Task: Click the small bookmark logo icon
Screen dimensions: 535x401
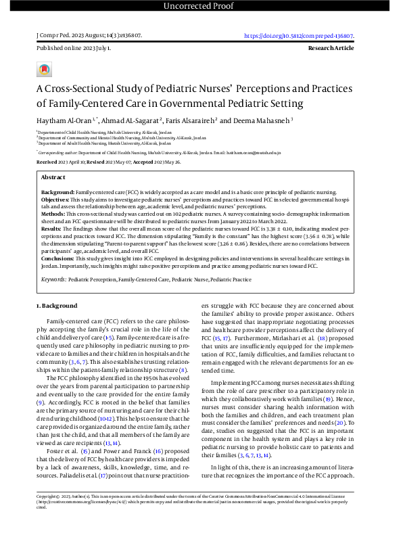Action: coord(43,69)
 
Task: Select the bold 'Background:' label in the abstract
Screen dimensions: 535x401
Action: coord(57,192)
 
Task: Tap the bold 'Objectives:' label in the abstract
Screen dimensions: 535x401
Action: coord(57,201)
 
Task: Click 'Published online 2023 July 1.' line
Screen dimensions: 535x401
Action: coord(73,49)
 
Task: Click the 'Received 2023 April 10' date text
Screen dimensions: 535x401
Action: coord(65,163)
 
